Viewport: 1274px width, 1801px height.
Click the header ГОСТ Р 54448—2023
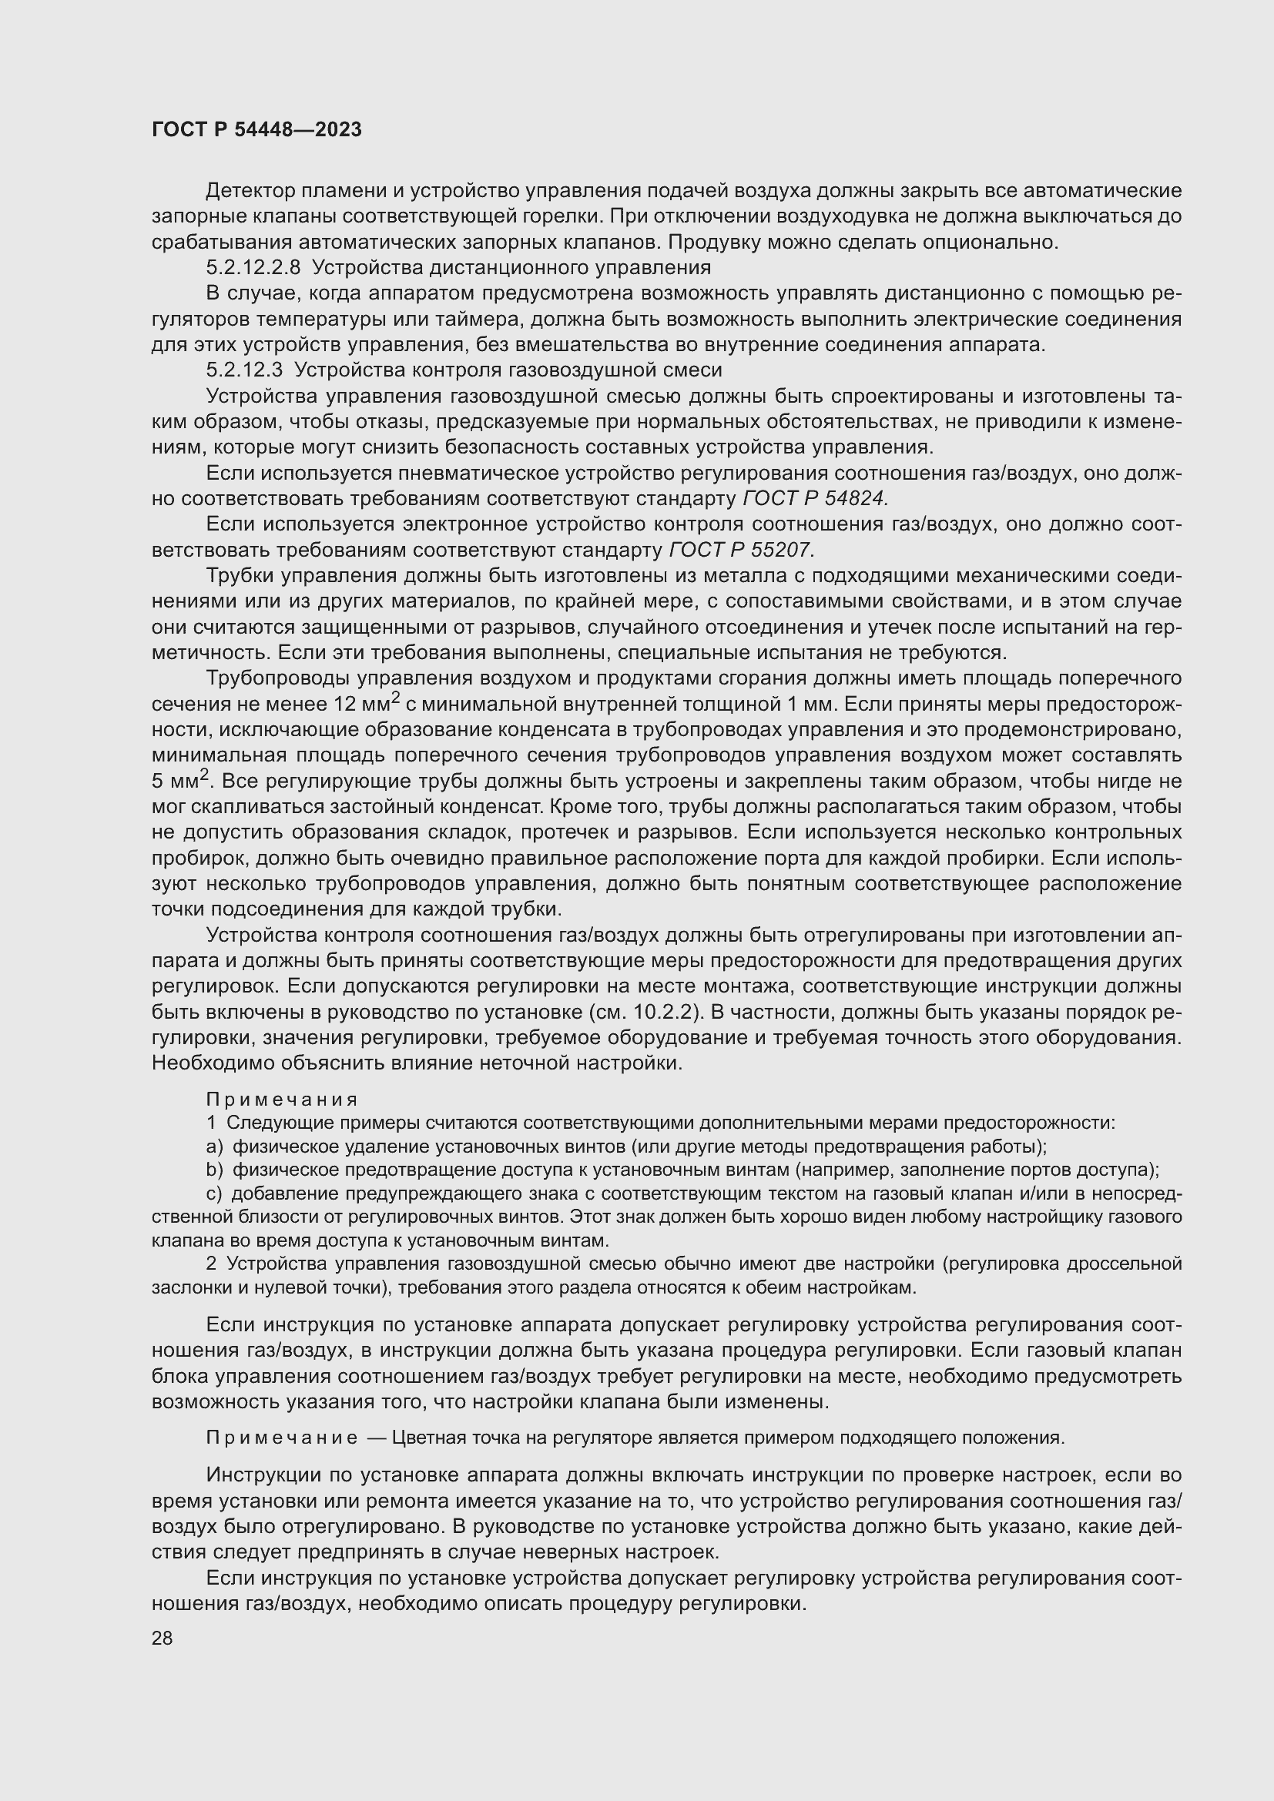256,130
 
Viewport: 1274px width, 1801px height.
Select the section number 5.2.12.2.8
253,268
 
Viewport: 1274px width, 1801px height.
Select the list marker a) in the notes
214,1147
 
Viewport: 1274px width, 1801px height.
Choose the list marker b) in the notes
215,1170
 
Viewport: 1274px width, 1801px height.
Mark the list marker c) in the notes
214,1194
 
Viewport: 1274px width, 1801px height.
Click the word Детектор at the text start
251,191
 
